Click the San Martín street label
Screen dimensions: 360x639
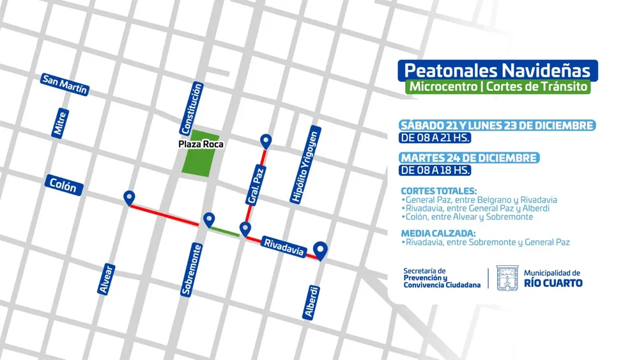click(64, 84)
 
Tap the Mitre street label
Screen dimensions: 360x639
click(60, 123)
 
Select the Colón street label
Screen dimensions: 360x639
click(64, 186)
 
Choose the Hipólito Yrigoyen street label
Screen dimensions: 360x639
click(305, 165)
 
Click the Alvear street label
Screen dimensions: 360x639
click(106, 279)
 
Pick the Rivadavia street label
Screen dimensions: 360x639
click(283, 246)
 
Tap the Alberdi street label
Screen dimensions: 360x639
click(311, 302)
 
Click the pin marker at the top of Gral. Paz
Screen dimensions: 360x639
click(266, 141)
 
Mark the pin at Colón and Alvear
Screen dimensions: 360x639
click(130, 198)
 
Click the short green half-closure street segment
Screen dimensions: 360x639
click(226, 231)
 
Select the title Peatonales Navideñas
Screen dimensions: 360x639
click(497, 70)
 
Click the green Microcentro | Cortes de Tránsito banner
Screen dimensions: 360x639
click(497, 87)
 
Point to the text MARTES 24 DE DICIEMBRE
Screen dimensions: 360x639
click(469, 158)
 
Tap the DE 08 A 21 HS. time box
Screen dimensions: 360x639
click(435, 137)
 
